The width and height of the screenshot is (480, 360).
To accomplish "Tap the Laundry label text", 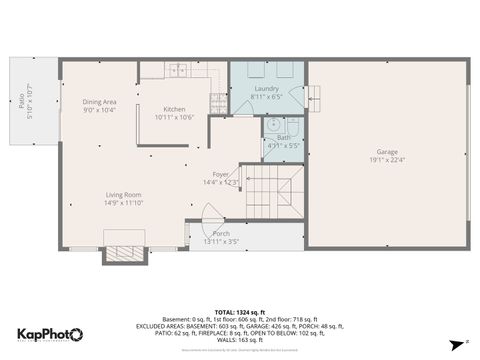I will coord(266,89).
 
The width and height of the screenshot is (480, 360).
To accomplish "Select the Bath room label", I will coord(283,137).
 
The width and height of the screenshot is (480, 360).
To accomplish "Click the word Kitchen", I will coord(174,109).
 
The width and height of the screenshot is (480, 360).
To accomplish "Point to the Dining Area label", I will coord(100,101).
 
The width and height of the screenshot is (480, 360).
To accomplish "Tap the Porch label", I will coord(220,233).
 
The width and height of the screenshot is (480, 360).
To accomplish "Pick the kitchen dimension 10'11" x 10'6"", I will coord(174,117).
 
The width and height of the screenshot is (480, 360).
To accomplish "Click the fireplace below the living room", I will coord(125,253).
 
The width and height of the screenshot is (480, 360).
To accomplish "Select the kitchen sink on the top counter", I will coord(177,69).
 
